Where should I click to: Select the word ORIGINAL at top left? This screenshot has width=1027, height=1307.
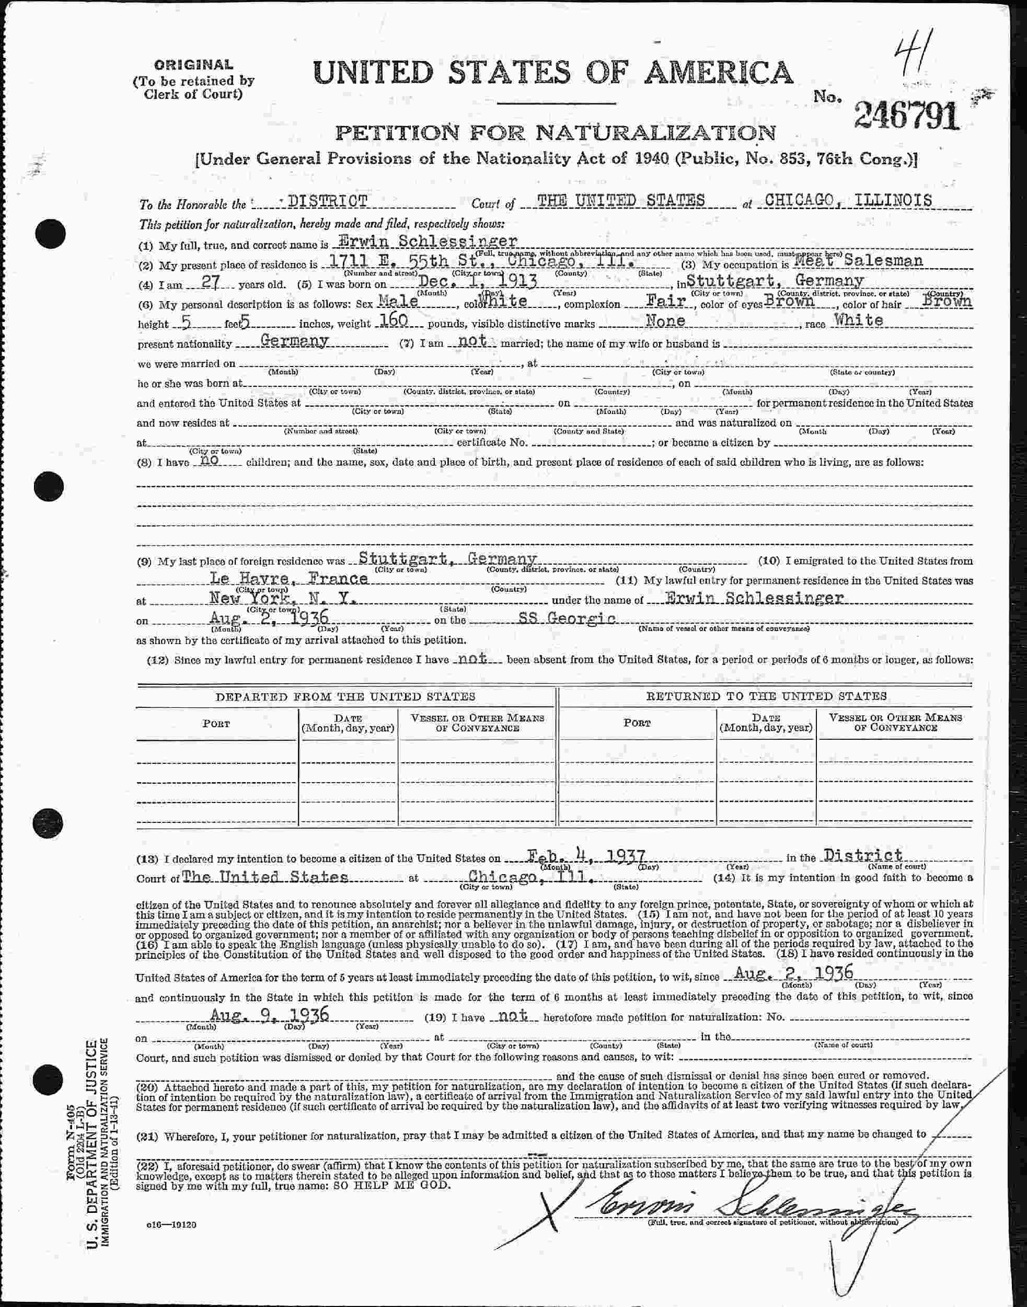point(193,65)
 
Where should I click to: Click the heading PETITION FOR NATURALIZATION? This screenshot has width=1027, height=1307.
point(555,131)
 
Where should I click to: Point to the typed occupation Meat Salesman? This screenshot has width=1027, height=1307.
point(858,261)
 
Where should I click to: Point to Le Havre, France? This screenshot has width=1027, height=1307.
point(288,579)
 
